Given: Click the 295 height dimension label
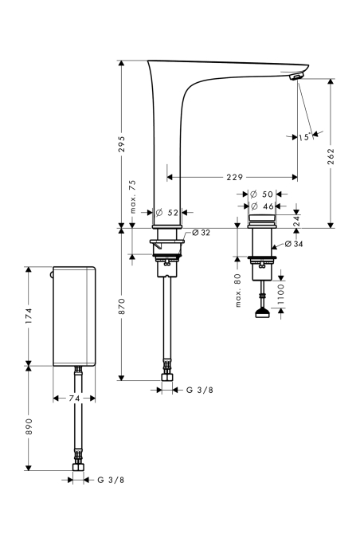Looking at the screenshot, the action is (122, 144).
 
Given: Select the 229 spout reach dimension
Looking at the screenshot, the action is (234, 177).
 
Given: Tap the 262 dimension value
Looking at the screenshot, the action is (331, 156).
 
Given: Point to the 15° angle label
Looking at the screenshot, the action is (303, 137).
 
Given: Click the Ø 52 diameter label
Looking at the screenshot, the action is (167, 213).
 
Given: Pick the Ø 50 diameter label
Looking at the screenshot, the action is (261, 194).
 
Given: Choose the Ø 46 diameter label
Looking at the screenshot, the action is (262, 206).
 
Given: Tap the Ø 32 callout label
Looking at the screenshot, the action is (202, 233).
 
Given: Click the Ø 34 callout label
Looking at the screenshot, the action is (294, 244).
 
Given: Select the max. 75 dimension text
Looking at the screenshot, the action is (133, 197).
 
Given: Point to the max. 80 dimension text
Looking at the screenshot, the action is (238, 290).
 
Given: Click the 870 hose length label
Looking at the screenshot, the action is (122, 306).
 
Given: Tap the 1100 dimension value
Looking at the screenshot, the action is (281, 294).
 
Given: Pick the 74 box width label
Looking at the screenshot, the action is (74, 398).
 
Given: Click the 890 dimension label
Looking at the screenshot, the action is (29, 426).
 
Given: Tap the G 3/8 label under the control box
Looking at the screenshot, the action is (111, 480).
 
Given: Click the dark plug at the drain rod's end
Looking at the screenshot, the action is (262, 313).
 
